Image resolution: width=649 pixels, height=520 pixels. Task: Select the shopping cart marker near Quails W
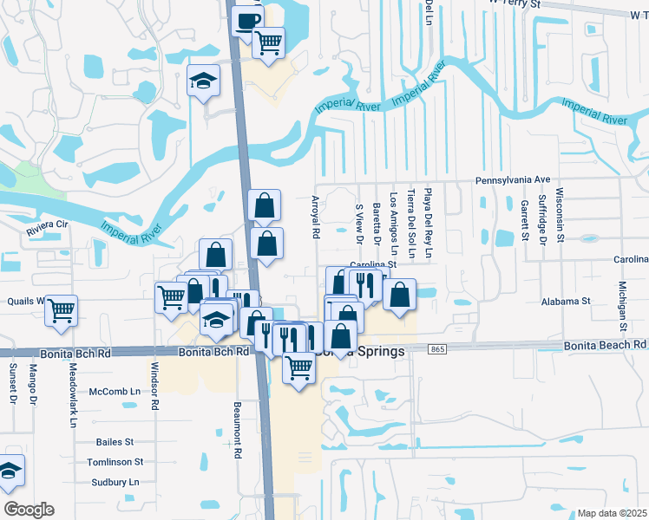(61, 309)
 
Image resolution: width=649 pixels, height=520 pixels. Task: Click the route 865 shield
(437, 348)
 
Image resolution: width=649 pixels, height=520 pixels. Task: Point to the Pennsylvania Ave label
(513, 179)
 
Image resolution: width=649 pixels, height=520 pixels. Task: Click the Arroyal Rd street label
(315, 217)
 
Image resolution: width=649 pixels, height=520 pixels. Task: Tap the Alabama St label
(567, 301)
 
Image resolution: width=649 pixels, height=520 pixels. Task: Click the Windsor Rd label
(155, 387)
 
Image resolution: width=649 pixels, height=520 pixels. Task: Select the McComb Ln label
(115, 392)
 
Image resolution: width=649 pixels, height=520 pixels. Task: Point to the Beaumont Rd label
(237, 423)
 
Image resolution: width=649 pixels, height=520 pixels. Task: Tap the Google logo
(29, 510)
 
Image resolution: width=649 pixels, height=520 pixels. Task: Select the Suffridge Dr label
(541, 217)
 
